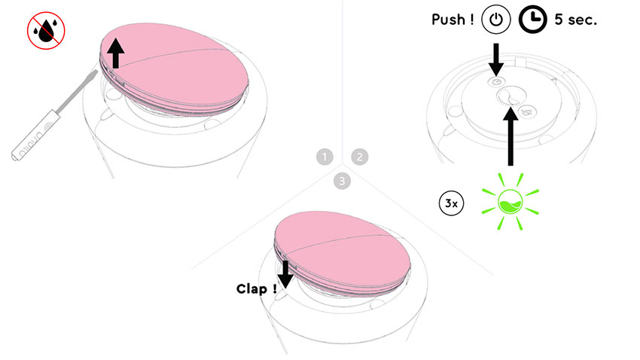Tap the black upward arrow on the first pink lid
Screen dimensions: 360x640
click(115, 53)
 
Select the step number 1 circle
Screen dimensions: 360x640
click(325, 157)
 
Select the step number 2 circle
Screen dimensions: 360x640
click(360, 157)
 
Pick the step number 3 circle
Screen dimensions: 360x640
click(343, 181)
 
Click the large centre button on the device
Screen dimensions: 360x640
click(510, 97)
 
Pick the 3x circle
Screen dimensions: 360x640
click(450, 203)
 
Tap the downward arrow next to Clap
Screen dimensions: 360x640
click(285, 273)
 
